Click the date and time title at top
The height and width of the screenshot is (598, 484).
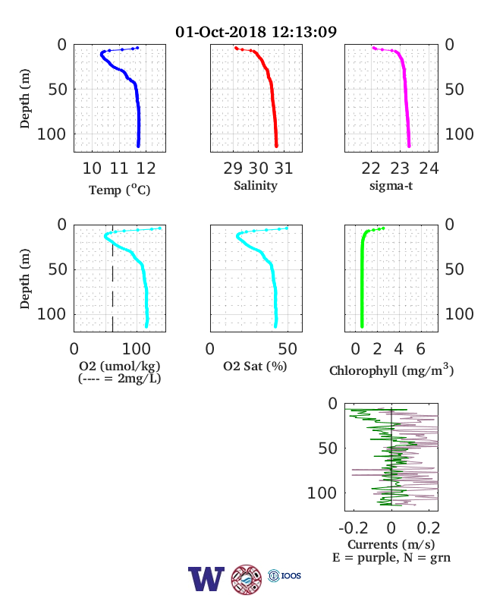[256, 32]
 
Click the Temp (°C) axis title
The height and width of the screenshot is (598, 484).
[120, 190]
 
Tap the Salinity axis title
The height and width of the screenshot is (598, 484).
[256, 186]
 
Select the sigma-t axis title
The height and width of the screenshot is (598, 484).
[391, 186]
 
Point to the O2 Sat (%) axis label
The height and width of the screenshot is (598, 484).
[255, 367]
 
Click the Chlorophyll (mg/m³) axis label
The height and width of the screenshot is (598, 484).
[391, 370]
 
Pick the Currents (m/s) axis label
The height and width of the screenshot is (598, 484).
[391, 544]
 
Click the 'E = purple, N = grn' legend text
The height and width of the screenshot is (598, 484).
[391, 558]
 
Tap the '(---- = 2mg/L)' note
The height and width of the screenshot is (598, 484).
[120, 379]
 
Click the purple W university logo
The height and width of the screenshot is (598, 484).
[206, 579]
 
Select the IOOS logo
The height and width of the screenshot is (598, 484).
[284, 575]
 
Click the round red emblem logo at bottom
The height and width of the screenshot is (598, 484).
[247, 580]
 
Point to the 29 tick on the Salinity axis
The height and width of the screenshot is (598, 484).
[233, 168]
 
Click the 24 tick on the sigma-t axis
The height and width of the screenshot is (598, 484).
[429, 168]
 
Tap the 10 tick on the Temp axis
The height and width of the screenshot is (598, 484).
[92, 168]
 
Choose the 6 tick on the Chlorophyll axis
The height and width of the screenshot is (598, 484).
[421, 349]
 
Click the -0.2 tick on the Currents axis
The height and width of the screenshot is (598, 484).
[354, 528]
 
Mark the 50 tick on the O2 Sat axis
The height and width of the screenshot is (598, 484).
[288, 349]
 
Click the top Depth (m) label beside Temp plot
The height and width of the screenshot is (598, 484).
[24, 99]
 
